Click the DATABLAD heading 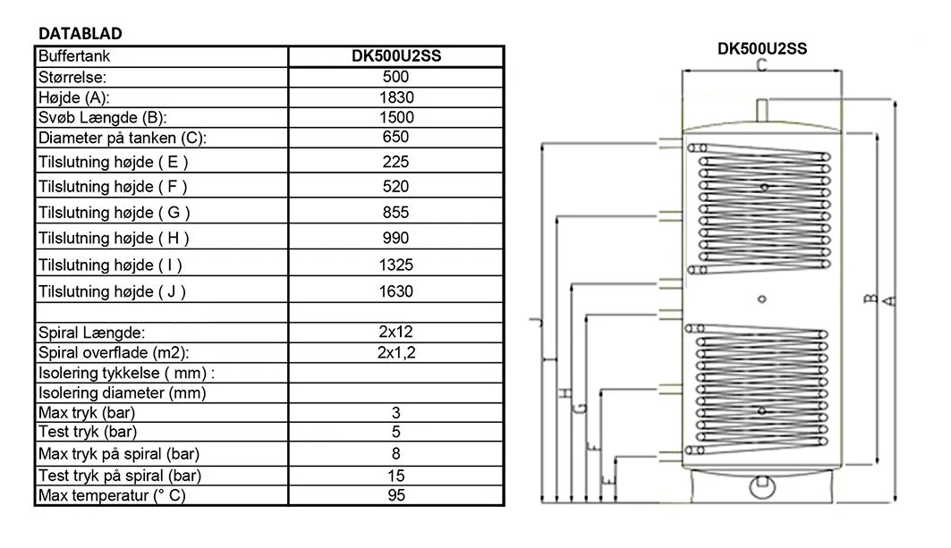[x=81, y=33]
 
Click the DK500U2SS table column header [x=395, y=55]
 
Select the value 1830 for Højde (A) [x=395, y=97]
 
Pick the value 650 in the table [x=395, y=137]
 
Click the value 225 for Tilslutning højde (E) [x=395, y=162]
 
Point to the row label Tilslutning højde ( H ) [x=114, y=239]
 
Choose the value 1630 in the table [x=395, y=291]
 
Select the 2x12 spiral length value [x=395, y=332]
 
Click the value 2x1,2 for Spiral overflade [x=395, y=352]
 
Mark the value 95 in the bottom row [x=395, y=495]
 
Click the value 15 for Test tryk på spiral [x=395, y=475]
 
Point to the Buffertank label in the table [x=74, y=55]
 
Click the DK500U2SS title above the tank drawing [x=762, y=49]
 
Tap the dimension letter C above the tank [x=760, y=65]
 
